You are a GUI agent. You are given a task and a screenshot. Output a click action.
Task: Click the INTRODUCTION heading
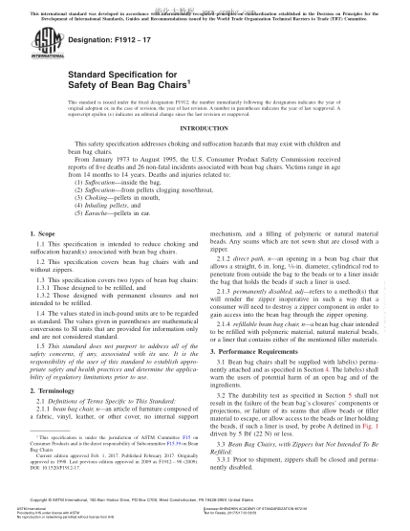click(205, 152)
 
